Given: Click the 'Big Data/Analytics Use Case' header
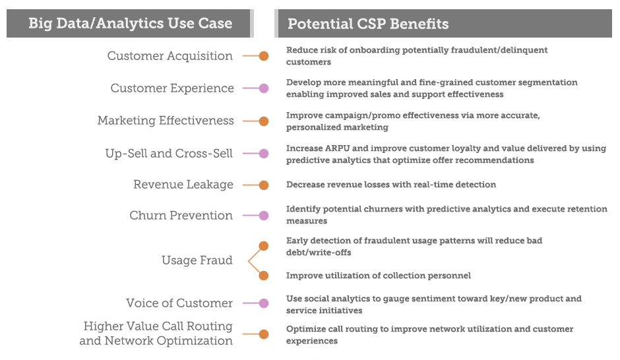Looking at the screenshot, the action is pyautogui.click(x=130, y=23).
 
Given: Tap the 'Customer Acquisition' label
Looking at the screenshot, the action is pyautogui.click(x=170, y=56).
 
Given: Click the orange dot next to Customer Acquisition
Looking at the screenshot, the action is pyautogui.click(x=264, y=56).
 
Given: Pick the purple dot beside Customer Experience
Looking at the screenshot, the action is pyautogui.click(x=264, y=88).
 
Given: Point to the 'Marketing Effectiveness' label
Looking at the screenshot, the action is pyautogui.click(x=166, y=120).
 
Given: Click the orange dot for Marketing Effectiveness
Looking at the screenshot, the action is pyautogui.click(x=264, y=121).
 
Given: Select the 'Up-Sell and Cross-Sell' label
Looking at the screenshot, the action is pyautogui.click(x=169, y=153).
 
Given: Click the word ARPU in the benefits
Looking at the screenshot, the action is pyautogui.click(x=337, y=148).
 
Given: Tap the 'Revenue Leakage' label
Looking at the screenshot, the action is pyautogui.click(x=183, y=184).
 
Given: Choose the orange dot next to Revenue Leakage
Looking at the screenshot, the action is pyautogui.click(x=264, y=185).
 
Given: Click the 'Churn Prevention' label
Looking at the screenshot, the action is pyautogui.click(x=181, y=215).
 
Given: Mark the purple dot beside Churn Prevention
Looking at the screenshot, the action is pyautogui.click(x=264, y=216).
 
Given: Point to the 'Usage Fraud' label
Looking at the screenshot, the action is pyautogui.click(x=197, y=260).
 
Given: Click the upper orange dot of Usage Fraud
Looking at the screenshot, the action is pyautogui.click(x=264, y=246).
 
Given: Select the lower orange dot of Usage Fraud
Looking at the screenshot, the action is pyautogui.click(x=264, y=276).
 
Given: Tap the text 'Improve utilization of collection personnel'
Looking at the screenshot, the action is pyautogui.click(x=379, y=276).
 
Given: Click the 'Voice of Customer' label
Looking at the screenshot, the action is pyautogui.click(x=179, y=303).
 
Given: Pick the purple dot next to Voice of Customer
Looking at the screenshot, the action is pyautogui.click(x=264, y=303).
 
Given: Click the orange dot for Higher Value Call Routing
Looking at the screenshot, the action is pyautogui.click(x=264, y=334).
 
